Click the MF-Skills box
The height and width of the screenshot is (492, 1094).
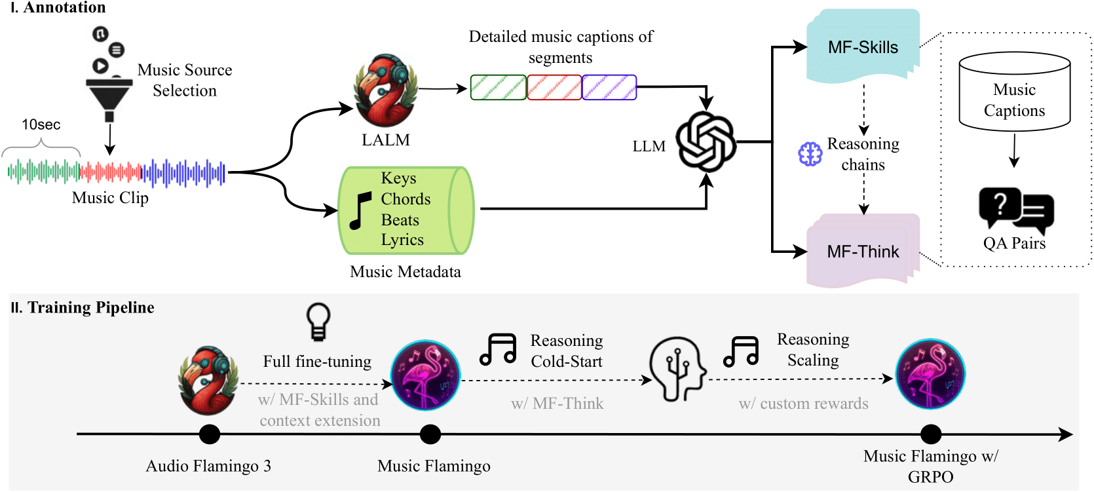pyautogui.click(x=863, y=47)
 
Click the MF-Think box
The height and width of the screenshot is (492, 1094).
pyautogui.click(x=863, y=252)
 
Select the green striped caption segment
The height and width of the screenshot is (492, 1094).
pyautogui.click(x=498, y=87)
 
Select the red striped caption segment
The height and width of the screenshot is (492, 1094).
pyautogui.click(x=554, y=87)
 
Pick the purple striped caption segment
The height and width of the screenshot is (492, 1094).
pyautogui.click(x=609, y=87)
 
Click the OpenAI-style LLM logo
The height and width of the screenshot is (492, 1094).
pyautogui.click(x=706, y=142)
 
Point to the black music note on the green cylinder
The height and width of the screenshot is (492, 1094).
pyautogui.click(x=360, y=210)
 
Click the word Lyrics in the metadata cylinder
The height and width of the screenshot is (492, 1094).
pyautogui.click(x=402, y=240)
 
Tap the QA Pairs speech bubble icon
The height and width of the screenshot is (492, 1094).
pyautogui.click(x=1015, y=210)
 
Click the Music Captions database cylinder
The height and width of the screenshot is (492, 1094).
pyautogui.click(x=1014, y=92)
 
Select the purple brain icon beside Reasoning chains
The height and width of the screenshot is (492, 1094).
pyautogui.click(x=810, y=154)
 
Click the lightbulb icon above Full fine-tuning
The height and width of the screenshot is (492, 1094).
pyautogui.click(x=318, y=321)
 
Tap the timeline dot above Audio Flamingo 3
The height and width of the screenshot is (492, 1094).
pyautogui.click(x=210, y=434)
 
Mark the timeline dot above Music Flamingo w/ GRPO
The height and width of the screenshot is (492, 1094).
pyautogui.click(x=930, y=434)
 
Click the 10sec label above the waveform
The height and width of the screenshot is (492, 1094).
pyautogui.click(x=41, y=124)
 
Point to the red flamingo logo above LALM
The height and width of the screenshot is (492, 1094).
pyautogui.click(x=385, y=91)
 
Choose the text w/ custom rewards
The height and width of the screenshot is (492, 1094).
pyautogui.click(x=803, y=404)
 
